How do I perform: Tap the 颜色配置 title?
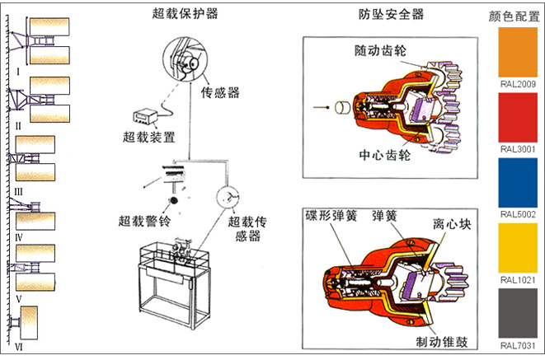point(517,15)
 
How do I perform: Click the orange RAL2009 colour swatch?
point(517,54)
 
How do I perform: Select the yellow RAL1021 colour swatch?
point(517,248)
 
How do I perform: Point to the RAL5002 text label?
point(518,214)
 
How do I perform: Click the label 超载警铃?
point(144,221)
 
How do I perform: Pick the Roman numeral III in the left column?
point(18,190)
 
